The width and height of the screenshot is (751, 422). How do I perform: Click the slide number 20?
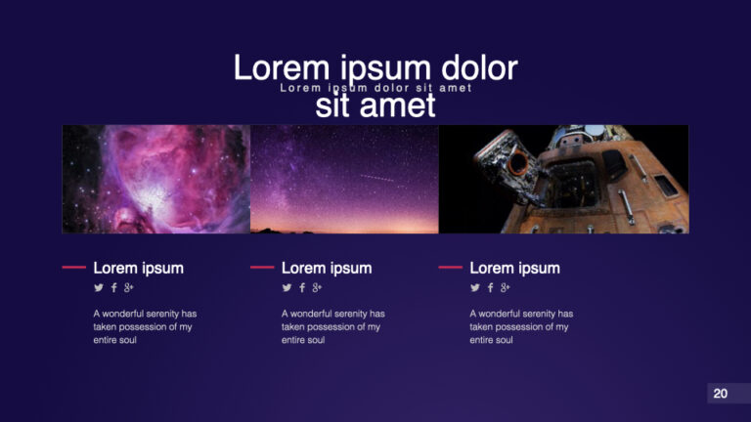[x=721, y=394]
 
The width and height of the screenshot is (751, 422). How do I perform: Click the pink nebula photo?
[x=156, y=179]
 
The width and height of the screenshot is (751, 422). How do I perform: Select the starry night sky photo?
[x=344, y=179]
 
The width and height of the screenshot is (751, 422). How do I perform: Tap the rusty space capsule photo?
[x=563, y=179]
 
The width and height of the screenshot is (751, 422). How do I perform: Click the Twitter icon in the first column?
[x=99, y=287]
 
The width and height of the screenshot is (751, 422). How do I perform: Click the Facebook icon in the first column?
[x=113, y=287]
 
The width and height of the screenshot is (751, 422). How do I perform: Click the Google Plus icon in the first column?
[x=129, y=287]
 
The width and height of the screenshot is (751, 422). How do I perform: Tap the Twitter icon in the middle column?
[x=287, y=287]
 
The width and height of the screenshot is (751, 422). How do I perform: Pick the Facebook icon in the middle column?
[x=301, y=287]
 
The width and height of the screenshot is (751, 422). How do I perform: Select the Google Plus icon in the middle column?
[x=317, y=287]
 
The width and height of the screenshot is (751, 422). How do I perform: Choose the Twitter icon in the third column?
[x=475, y=287]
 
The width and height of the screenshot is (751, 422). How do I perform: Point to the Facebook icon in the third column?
[x=490, y=287]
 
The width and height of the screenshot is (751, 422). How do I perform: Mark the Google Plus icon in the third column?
[x=506, y=287]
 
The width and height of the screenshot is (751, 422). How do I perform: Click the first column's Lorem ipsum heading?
[x=138, y=268]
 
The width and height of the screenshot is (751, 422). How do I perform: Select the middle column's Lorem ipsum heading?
[x=327, y=268]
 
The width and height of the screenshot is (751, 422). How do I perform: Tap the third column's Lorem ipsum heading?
[x=514, y=268]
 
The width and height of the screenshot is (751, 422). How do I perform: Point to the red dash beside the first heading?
[x=73, y=267]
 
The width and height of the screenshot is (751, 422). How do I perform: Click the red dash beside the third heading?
[x=450, y=267]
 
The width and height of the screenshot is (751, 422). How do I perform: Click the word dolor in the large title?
[x=479, y=68]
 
